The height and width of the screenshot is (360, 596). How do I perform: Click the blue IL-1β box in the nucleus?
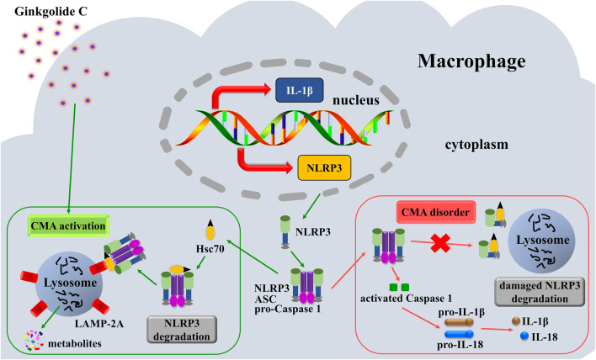click(x=300, y=90)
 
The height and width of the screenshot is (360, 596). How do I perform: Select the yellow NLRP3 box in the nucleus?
click(x=324, y=167)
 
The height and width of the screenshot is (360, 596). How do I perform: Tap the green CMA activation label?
click(x=68, y=226)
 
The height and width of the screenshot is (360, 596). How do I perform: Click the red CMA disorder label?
click(x=435, y=212)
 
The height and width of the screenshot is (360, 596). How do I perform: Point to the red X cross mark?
click(x=440, y=243)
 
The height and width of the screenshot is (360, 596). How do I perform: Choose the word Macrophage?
click(x=471, y=61)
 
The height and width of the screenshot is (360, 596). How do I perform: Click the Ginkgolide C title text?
click(x=51, y=12)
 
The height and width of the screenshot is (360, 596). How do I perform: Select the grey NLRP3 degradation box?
click(x=182, y=330)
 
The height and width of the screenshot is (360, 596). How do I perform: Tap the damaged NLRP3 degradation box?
click(x=540, y=292)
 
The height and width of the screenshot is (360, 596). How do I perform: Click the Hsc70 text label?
click(x=210, y=249)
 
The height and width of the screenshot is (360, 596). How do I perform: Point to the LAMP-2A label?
click(x=99, y=324)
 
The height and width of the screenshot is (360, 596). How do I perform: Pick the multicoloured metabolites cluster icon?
click(x=33, y=341)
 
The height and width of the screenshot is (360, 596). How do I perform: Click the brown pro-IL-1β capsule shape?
click(x=459, y=322)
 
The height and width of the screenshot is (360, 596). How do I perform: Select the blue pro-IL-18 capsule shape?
click(x=459, y=334)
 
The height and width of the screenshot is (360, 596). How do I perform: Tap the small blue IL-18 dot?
click(x=524, y=336)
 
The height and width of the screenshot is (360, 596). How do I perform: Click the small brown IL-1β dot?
click(x=516, y=321)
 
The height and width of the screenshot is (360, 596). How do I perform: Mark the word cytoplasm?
click(x=476, y=145)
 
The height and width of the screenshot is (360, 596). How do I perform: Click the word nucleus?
click(x=356, y=100)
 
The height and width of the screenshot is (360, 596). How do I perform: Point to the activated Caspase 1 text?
click(x=407, y=299)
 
